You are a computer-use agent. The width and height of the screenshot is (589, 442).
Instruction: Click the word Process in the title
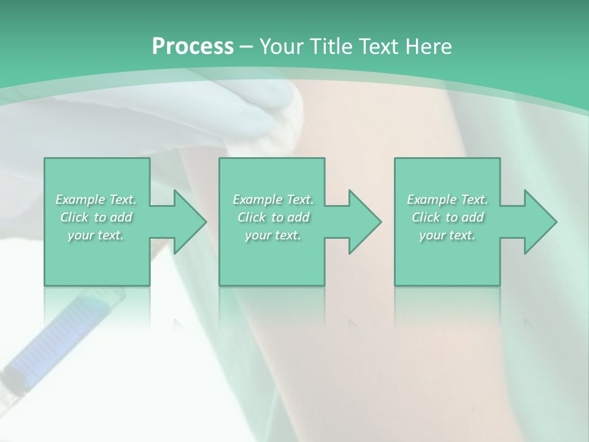point(193,47)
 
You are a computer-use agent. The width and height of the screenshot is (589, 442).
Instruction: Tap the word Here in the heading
point(428,47)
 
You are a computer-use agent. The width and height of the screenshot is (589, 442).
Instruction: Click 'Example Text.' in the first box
point(96,200)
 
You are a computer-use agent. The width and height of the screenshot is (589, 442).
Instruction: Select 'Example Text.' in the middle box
point(273,200)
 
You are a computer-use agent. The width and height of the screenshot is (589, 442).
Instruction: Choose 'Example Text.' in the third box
point(447,200)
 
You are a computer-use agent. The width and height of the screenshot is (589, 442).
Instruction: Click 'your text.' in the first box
point(96,235)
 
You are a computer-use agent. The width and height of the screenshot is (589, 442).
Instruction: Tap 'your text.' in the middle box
point(273,235)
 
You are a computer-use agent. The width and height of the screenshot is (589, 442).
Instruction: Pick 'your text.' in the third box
point(447,235)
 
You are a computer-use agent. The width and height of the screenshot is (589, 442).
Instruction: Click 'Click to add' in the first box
point(96,217)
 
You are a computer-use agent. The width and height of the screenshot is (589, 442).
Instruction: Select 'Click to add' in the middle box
point(273,217)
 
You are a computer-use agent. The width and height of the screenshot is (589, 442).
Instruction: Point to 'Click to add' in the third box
point(447,217)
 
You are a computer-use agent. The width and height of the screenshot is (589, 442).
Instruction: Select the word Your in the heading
point(283,47)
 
